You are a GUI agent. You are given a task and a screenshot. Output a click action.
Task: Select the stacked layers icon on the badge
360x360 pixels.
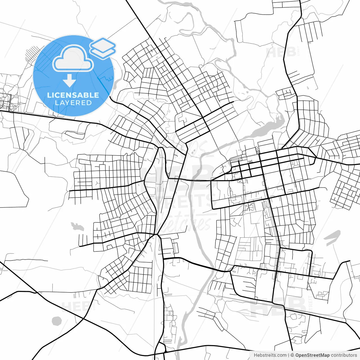[103, 48]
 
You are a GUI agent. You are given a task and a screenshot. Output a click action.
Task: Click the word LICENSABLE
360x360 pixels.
[73, 95]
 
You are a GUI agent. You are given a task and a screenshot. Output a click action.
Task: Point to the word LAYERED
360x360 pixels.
[73, 103]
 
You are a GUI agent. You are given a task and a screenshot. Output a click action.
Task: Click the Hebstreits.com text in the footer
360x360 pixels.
[270, 355]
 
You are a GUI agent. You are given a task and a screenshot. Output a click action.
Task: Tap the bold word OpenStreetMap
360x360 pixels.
[312, 355]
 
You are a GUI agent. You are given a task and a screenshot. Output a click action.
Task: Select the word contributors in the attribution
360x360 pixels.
[344, 355]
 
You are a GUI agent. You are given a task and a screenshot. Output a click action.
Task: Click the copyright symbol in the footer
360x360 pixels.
[292, 355]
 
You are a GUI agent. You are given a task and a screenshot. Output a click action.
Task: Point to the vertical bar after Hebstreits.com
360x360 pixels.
[289, 355]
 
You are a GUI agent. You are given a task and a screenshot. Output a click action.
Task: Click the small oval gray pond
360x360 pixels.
[57, 321]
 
